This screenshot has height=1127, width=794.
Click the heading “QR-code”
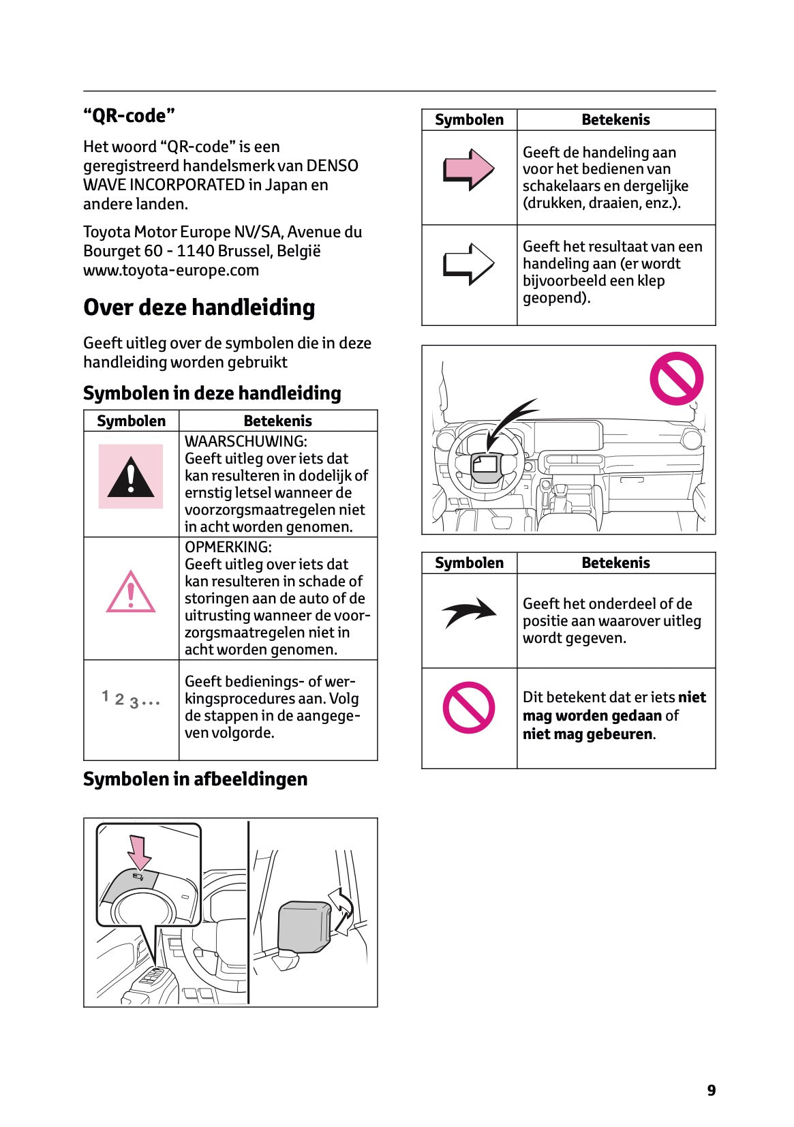pos(129,116)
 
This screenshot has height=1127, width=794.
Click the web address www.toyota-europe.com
pos(170,270)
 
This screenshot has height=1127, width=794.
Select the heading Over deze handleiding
pos(199,307)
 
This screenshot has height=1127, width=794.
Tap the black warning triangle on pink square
pos(131,477)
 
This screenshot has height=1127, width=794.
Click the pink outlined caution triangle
pos(131,592)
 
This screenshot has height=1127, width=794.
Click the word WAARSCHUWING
pos(245,442)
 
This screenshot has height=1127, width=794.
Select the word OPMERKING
pos(228,547)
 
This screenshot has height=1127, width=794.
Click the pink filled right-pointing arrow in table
pos(469,169)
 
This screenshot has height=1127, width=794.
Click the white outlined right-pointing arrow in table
pos(469,264)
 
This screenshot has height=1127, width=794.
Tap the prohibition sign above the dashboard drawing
pos(676,378)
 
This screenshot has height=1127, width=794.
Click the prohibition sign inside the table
pos(469,708)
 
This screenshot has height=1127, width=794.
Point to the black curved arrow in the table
pos(469,612)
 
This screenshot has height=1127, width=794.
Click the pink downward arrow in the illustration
pos(140,851)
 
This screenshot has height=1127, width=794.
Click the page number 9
pos(711,1090)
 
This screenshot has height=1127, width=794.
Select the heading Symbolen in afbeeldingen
pos(195,779)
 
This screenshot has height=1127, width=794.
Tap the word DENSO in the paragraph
pos(332,166)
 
